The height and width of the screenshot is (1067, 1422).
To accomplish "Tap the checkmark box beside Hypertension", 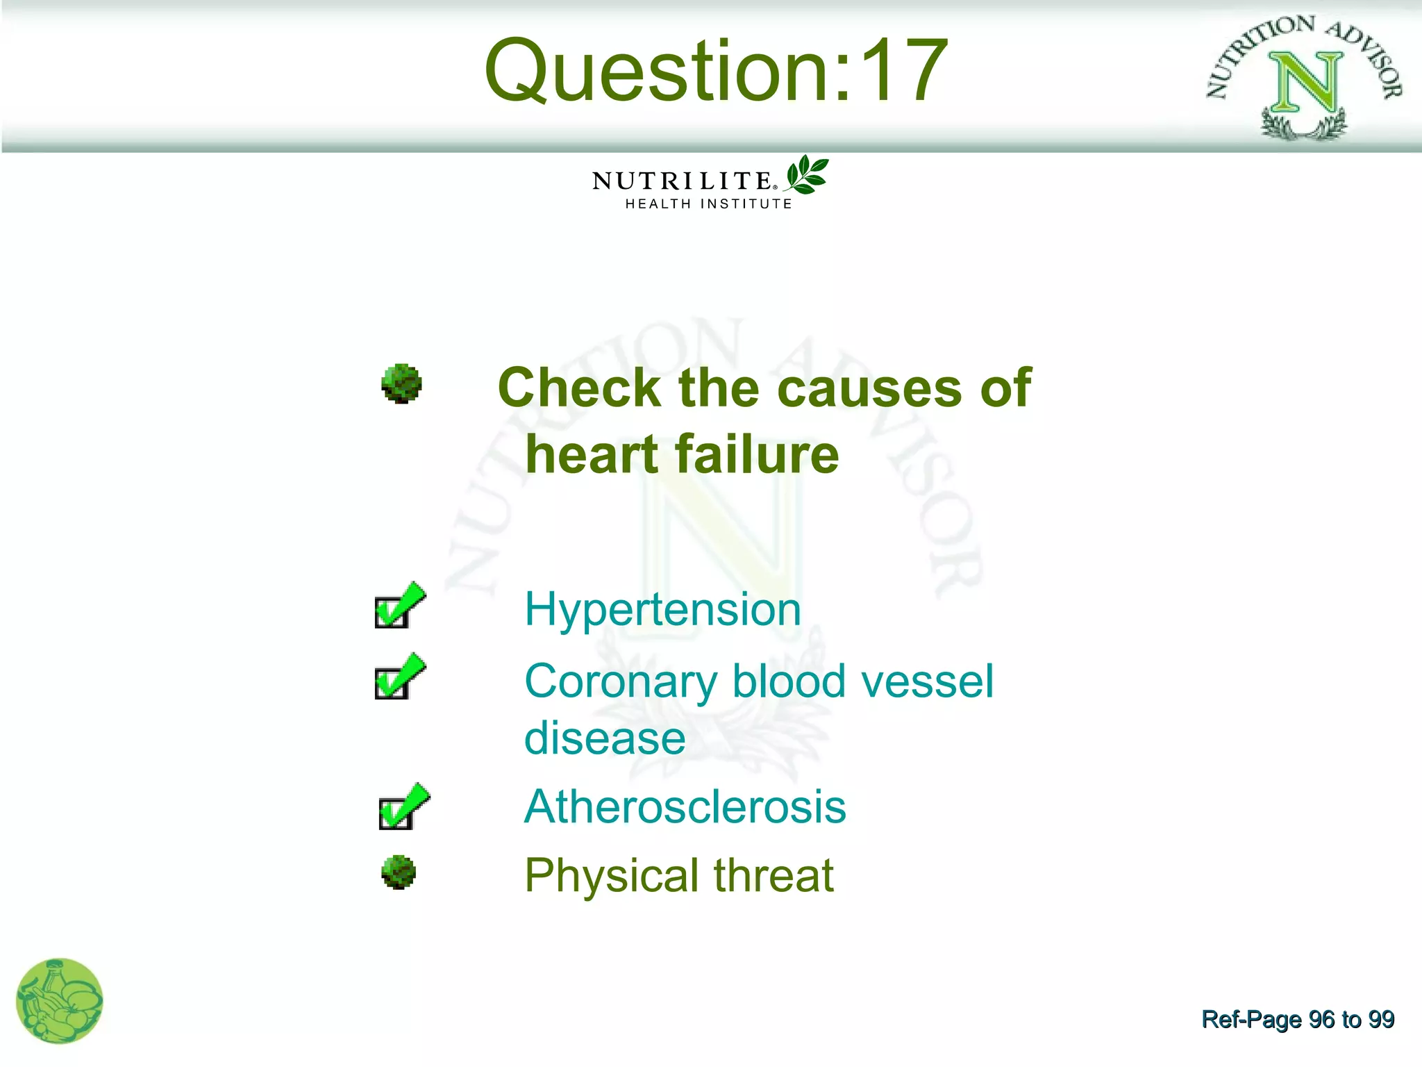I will point(398,607).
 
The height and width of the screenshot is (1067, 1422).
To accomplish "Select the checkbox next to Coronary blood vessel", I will point(398,678).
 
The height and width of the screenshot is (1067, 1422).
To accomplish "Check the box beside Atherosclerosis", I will point(402,808).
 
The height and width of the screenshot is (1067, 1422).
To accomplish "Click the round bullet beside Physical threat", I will point(399,872).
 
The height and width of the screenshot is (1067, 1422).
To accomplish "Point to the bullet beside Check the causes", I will point(401,383).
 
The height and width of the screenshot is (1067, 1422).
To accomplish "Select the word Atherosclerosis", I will point(685,807).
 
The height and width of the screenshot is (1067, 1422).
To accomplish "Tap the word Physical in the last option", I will point(611,875).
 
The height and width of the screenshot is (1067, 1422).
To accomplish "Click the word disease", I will point(604,738).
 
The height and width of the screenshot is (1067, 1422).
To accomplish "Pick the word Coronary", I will point(621,682).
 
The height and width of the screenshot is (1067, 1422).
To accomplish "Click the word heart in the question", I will point(592,455).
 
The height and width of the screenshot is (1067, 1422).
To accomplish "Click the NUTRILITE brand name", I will point(682,181).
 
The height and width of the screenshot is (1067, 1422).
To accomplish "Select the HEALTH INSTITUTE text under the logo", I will point(708,204).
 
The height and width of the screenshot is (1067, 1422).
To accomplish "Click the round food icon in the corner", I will point(60,1001).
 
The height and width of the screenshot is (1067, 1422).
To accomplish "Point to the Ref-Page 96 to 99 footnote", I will point(1297,1019).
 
